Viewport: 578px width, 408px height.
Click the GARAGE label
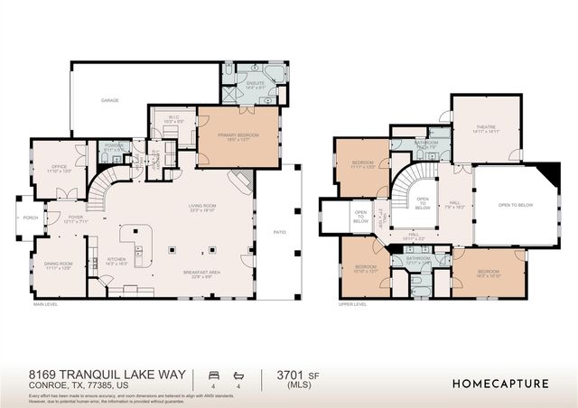[110, 101]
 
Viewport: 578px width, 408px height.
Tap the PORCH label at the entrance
[31, 218]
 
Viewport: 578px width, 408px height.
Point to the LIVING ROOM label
[201, 207]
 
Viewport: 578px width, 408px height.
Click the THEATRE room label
[488, 129]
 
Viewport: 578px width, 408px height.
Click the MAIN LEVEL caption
[46, 304]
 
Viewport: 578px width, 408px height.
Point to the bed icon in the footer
[213, 373]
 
